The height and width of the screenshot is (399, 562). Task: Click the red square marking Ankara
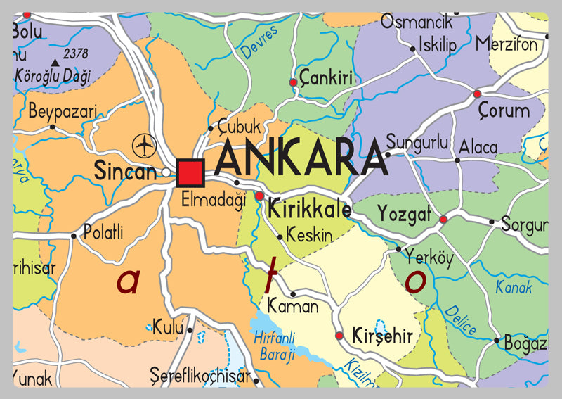click(x=190, y=172)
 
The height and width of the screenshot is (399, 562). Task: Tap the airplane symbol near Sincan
click(x=143, y=146)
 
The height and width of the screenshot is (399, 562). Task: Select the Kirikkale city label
click(x=309, y=209)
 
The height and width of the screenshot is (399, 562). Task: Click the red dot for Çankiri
click(x=293, y=83)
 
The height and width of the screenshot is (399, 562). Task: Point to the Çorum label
click(x=504, y=110)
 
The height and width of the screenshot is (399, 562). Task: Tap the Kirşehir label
click(x=384, y=336)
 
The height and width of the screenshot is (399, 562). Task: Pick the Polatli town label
click(x=103, y=231)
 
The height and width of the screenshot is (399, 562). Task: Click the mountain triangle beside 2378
click(x=55, y=61)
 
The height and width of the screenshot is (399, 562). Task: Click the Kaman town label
click(x=293, y=307)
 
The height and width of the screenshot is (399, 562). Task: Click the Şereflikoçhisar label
click(x=200, y=374)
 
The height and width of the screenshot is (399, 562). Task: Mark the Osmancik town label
click(x=417, y=22)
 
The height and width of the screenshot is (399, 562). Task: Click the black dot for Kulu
click(x=190, y=329)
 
